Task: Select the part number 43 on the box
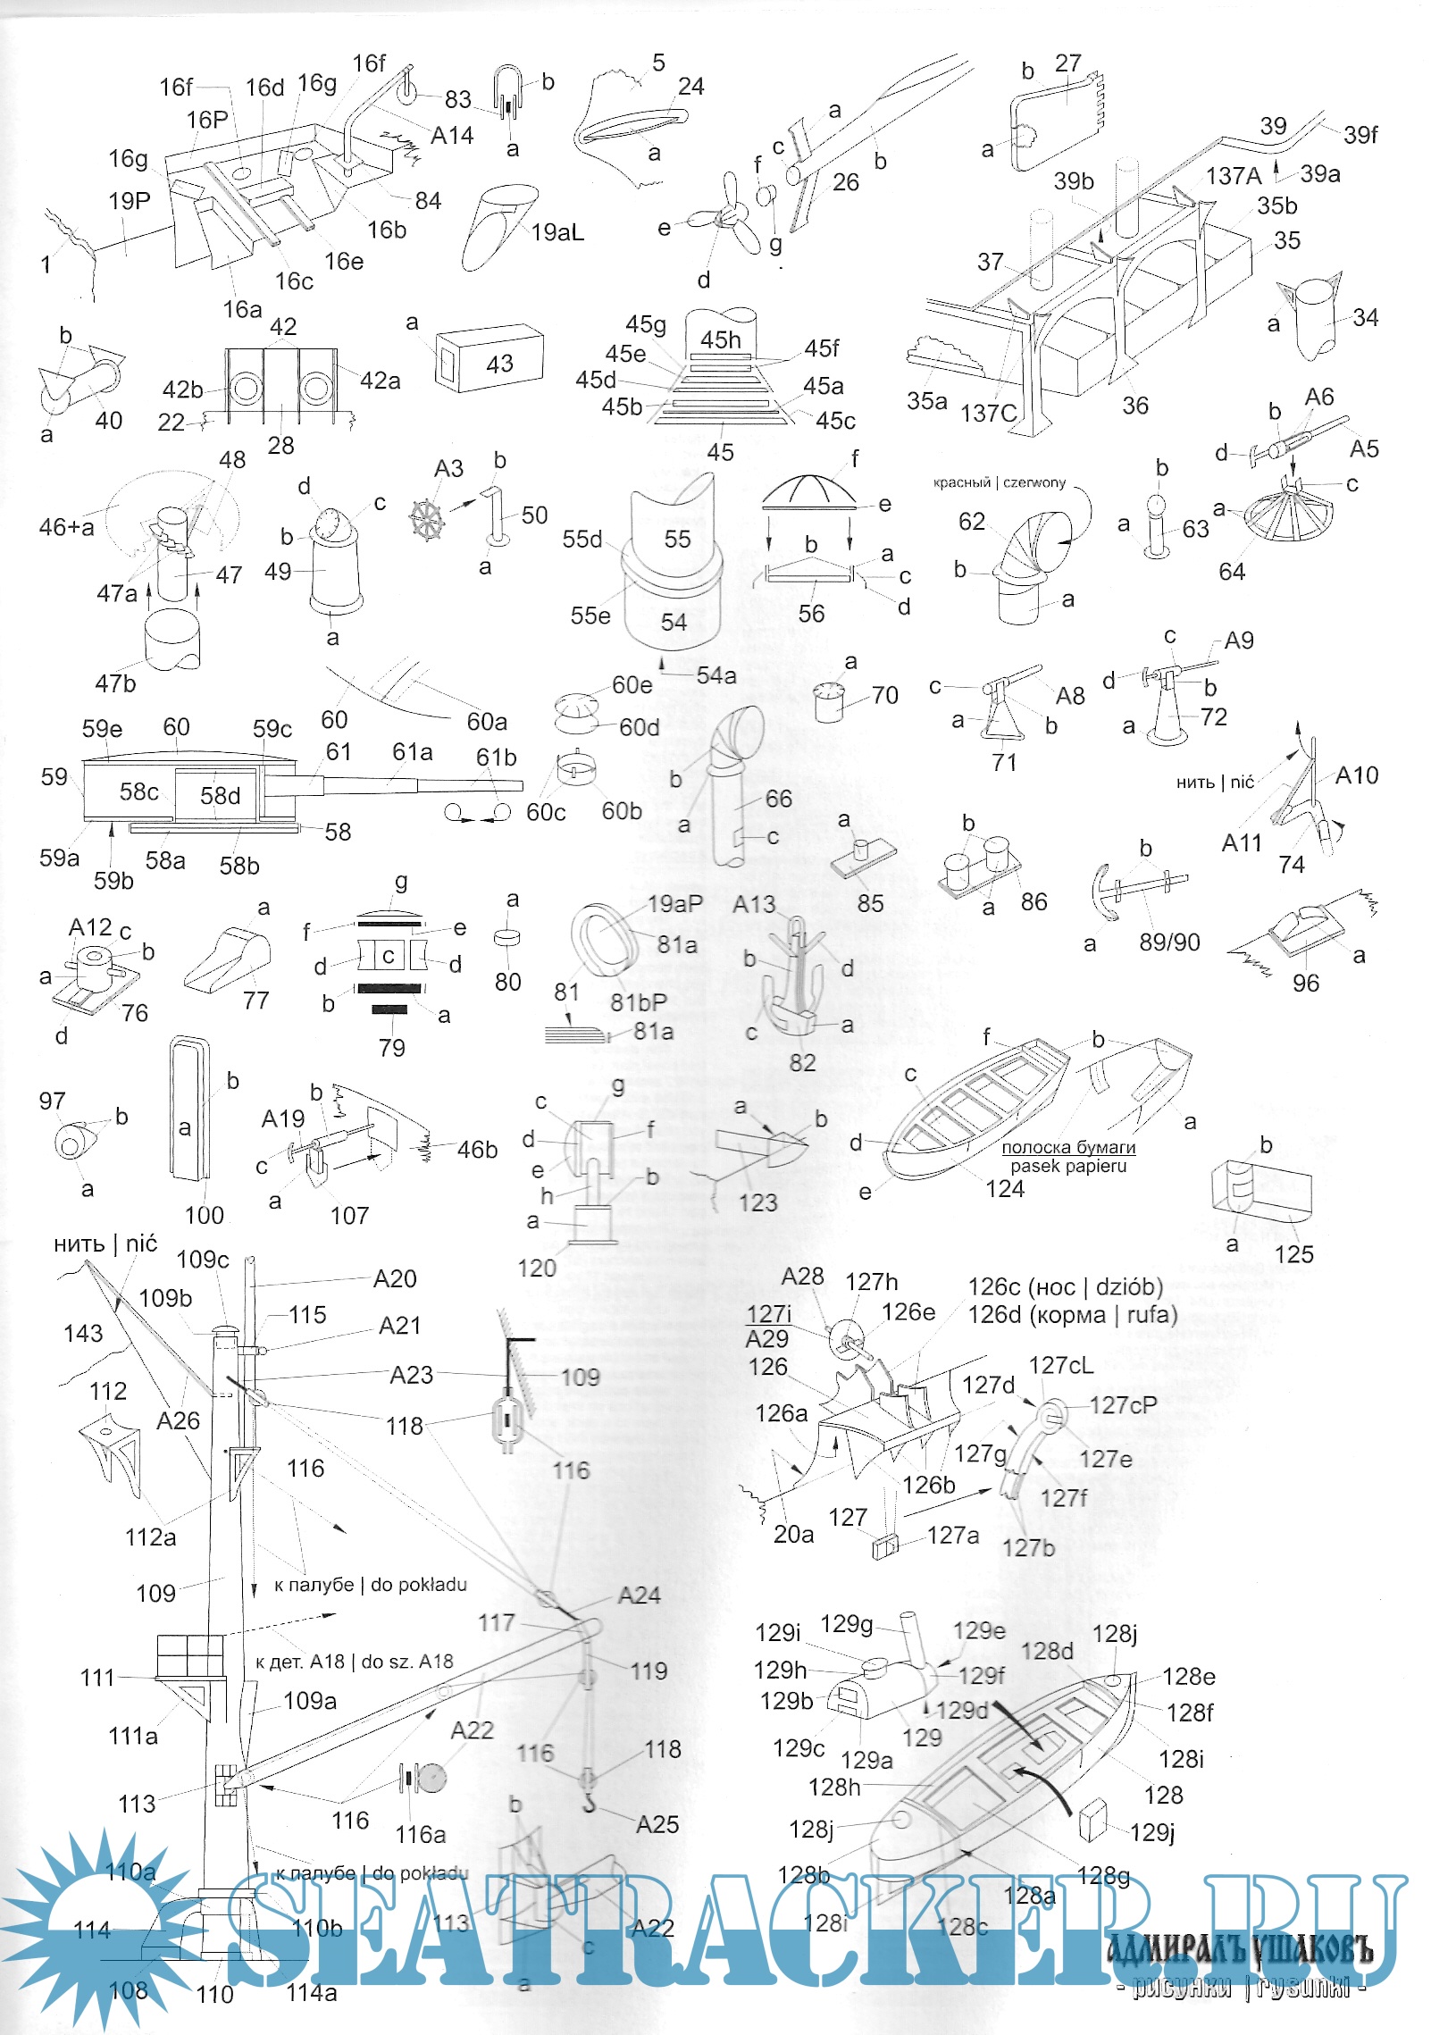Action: pyautogui.click(x=499, y=364)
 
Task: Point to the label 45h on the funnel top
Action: pyautogui.click(x=720, y=339)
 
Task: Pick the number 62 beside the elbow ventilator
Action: pyautogui.click(x=971, y=522)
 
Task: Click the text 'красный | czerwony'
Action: pyautogui.click(x=999, y=482)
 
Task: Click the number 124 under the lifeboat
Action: pyautogui.click(x=1005, y=1188)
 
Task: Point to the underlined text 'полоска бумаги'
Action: pyautogui.click(x=1067, y=1147)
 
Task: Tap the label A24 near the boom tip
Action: pyautogui.click(x=639, y=1595)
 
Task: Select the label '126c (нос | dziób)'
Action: pyautogui.click(x=1065, y=1286)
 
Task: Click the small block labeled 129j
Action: pyautogui.click(x=1092, y=1820)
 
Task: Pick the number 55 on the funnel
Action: pyautogui.click(x=677, y=539)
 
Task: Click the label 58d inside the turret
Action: pyautogui.click(x=220, y=795)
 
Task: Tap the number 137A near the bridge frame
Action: pyautogui.click(x=1233, y=176)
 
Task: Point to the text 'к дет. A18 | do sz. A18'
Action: pyautogui.click(x=354, y=1662)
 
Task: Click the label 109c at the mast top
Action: pyautogui.click(x=203, y=1260)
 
